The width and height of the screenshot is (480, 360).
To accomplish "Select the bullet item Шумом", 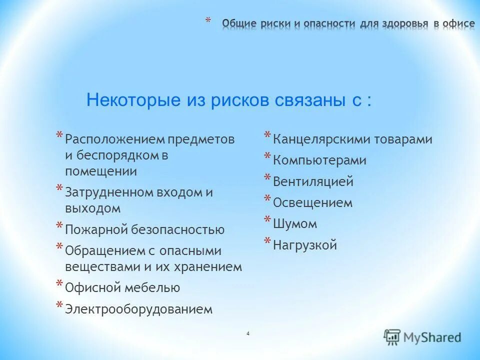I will point(295,224).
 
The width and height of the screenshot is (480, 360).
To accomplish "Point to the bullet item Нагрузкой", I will point(305,245).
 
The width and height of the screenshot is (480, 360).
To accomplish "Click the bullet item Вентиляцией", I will point(313,181).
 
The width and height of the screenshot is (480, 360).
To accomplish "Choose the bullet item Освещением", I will point(312,203).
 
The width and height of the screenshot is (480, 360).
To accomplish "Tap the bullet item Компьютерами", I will point(319,160).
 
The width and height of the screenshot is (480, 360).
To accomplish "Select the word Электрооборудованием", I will point(138,309).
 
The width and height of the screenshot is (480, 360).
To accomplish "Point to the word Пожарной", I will point(96,229).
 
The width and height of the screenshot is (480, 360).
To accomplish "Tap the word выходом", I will point(92,208).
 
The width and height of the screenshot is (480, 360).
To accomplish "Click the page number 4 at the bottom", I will point(248,333).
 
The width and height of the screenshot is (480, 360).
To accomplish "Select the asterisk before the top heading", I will point(208,21).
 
